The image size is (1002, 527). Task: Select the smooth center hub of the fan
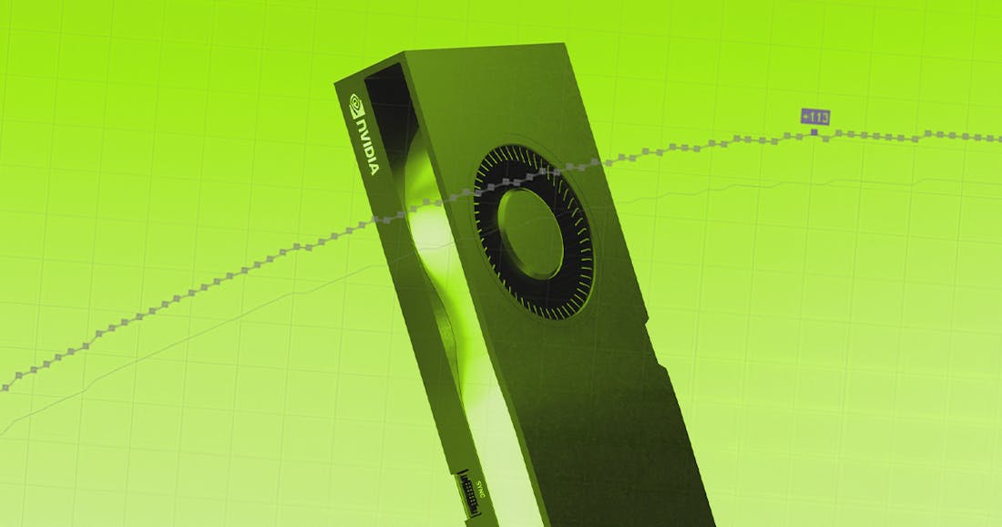tap(531, 233)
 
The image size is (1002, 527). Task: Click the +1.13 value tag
tap(814, 116)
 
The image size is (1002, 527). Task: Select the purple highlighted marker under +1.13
tap(814, 133)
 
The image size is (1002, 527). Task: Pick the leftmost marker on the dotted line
tap(5, 387)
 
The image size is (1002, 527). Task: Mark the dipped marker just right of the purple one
tap(826, 138)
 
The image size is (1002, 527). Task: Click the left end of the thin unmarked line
tap(3, 436)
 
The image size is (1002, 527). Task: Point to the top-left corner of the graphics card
tap(336, 82)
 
